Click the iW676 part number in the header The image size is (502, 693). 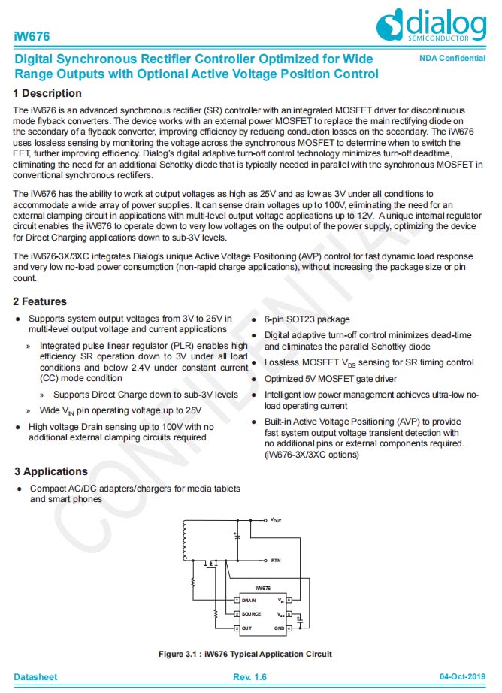pyautogui.click(x=29, y=36)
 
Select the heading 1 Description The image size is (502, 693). pyautogui.click(x=47, y=93)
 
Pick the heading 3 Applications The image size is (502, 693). pyautogui.click(x=50, y=471)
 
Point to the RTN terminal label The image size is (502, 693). pyautogui.click(x=276, y=561)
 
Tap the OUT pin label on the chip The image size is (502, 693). pyautogui.click(x=247, y=628)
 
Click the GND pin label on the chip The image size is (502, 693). pyautogui.click(x=280, y=628)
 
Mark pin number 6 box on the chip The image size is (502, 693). pyautogui.click(x=289, y=601)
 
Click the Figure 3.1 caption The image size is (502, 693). pyautogui.click(x=245, y=654)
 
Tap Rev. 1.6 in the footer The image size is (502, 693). pyautogui.click(x=250, y=677)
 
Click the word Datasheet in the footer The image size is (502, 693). pyautogui.click(x=35, y=677)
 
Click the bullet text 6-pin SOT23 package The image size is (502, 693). pyautogui.click(x=307, y=319)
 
